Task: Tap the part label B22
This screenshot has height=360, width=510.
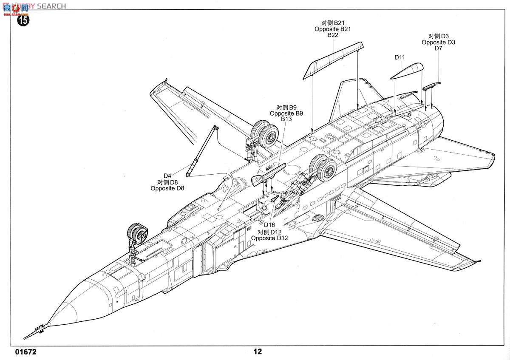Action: coord(333,35)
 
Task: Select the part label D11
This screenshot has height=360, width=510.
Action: coord(399,57)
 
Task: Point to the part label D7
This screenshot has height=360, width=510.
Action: coord(439,48)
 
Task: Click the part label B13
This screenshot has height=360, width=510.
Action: coord(286,119)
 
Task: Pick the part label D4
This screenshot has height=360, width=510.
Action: coord(167,176)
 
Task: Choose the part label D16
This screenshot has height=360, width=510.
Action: coord(269,225)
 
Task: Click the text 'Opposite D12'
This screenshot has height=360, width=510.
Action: coord(269,238)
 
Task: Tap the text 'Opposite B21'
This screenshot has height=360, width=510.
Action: coord(333,29)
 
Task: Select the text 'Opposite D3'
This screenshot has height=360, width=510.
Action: coord(439,42)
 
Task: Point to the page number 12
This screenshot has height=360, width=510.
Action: coord(258,352)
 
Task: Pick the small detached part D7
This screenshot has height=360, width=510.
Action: coord(431,86)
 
